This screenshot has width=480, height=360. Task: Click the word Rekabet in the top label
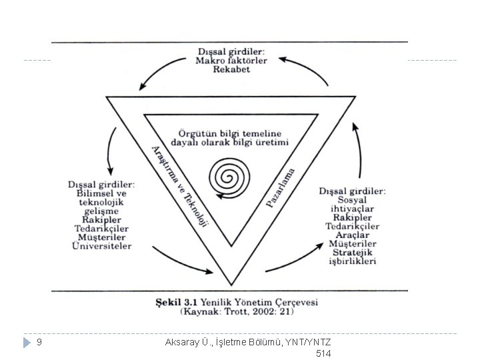point(232,70)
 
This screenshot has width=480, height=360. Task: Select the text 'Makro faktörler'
point(231,61)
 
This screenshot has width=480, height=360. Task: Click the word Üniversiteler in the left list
point(102,246)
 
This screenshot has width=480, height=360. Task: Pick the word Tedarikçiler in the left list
point(102,228)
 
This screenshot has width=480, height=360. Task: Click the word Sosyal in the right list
point(352,200)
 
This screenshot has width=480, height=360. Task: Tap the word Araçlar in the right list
point(352,235)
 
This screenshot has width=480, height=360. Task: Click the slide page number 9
point(39,342)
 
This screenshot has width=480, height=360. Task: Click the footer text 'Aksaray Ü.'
point(187,342)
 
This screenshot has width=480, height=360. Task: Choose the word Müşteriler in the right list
point(352,244)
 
